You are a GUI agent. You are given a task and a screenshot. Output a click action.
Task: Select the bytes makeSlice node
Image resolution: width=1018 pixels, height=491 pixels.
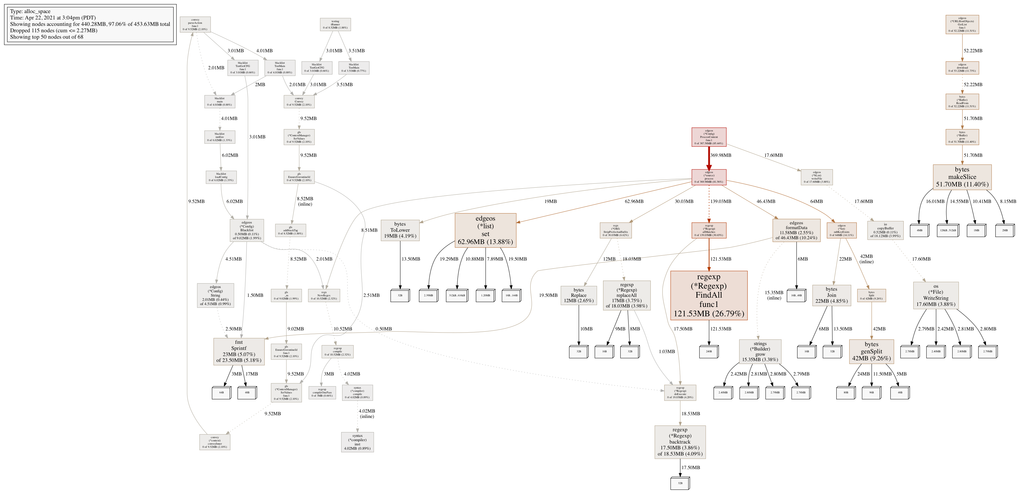point(962,177)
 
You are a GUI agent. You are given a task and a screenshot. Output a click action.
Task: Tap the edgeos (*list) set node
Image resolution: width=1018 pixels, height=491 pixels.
point(485,230)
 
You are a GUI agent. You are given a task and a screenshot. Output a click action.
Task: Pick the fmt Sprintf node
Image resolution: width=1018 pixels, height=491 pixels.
point(239,351)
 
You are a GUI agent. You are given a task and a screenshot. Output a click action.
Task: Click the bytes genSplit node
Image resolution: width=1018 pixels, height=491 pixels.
point(872,351)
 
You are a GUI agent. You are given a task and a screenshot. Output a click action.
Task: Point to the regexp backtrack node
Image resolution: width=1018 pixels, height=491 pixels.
point(680,442)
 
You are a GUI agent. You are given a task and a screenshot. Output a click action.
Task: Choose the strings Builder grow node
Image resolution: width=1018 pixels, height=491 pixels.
point(760,351)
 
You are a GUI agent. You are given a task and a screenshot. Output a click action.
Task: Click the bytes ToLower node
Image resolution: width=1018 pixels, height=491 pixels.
point(400,230)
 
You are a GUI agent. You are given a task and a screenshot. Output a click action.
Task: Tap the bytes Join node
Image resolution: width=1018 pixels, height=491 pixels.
point(831,295)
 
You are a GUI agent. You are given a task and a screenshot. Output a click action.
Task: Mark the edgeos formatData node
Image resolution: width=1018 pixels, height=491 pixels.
point(796,230)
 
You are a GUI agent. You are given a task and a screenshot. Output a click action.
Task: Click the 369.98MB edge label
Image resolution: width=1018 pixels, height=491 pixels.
point(721,155)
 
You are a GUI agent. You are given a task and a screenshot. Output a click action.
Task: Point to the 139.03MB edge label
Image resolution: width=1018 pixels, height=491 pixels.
point(721,201)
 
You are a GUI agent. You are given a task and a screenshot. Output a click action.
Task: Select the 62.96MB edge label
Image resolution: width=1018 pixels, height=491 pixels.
point(634,201)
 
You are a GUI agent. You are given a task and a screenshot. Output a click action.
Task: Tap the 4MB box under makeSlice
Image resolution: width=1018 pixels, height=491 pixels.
point(920,230)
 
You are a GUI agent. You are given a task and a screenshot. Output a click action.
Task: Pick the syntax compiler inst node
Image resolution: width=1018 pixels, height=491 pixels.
point(357,442)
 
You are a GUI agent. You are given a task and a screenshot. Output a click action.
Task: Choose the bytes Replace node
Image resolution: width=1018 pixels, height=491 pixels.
point(579,295)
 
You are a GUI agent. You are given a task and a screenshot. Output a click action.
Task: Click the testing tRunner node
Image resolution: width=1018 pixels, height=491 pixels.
point(335,25)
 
